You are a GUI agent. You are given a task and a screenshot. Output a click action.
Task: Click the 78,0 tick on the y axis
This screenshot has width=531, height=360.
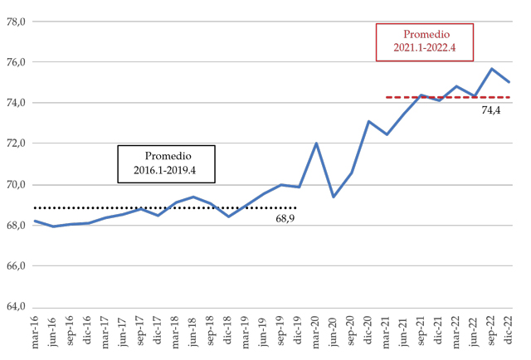tap(16, 22)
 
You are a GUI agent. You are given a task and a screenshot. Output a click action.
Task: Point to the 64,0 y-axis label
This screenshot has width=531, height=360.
tap(16, 307)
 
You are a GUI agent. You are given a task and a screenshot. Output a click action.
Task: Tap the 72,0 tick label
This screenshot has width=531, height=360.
tap(16, 144)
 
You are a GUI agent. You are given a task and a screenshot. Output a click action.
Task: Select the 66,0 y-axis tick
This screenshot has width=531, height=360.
tap(16, 266)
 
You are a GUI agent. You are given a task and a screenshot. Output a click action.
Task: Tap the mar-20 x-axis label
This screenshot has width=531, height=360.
tap(316, 332)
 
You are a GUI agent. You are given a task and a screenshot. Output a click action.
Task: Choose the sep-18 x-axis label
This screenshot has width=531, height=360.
tap(210, 332)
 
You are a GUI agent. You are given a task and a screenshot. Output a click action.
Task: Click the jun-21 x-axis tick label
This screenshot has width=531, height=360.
tap(404, 332)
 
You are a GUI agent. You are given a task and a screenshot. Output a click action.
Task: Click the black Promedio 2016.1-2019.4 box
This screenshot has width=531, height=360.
tap(166, 164)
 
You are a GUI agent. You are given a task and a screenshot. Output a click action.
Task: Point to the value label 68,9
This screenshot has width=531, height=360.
tap(285, 220)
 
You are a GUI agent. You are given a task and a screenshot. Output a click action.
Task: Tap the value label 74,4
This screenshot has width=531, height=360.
tap(493, 109)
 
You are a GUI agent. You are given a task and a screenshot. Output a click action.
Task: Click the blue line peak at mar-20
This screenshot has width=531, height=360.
tap(316, 144)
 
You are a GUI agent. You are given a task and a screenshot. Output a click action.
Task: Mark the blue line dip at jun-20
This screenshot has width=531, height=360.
tap(334, 197)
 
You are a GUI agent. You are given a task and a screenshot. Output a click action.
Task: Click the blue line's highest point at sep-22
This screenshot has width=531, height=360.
tap(492, 69)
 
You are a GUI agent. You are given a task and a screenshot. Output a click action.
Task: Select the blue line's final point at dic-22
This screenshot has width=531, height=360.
tap(509, 82)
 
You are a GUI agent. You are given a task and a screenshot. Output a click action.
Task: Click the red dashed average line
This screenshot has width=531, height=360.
tap(448, 97)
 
